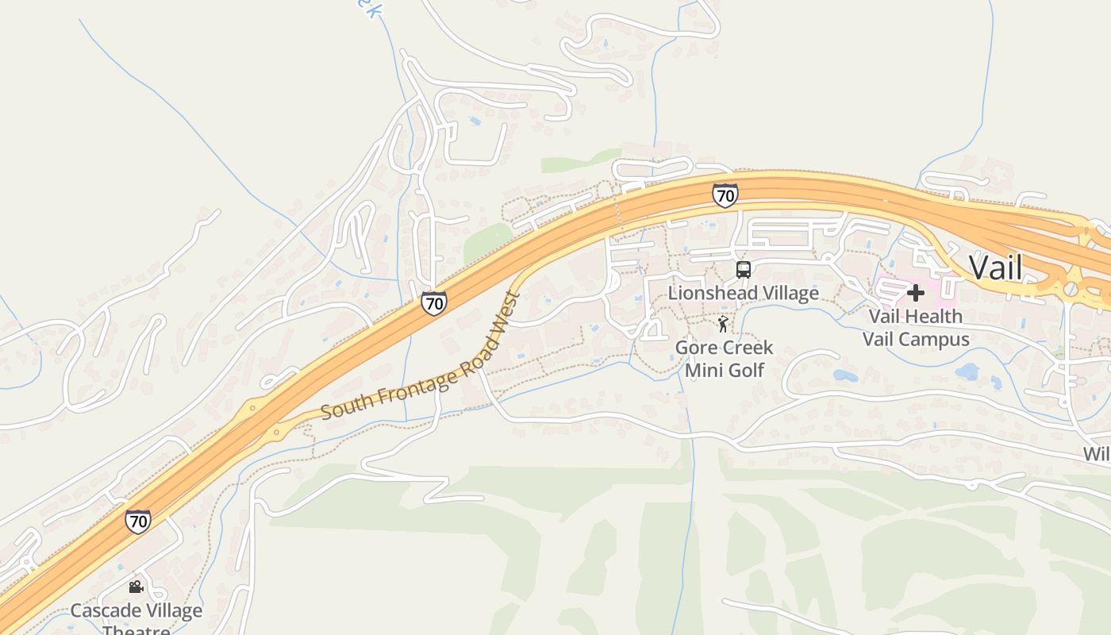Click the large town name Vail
pos(996,267)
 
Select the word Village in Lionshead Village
pos(786,293)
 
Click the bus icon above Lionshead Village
pos(743,270)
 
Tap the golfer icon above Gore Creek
pos(722,324)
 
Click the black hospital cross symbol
pos(915,293)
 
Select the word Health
pos(936,316)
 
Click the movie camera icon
pos(136,587)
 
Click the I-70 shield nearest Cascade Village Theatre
pos(137,521)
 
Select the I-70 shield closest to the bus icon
pos(725,195)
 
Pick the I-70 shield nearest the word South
pos(433,302)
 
